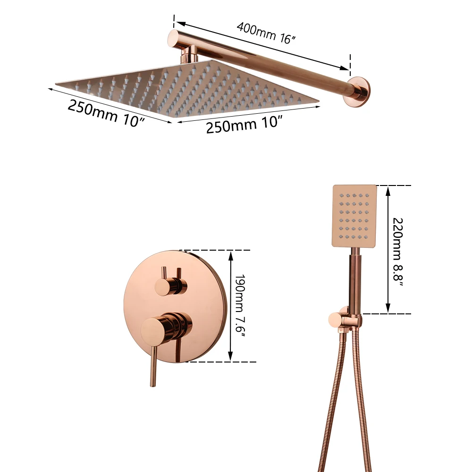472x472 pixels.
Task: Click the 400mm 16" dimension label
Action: (x=266, y=33)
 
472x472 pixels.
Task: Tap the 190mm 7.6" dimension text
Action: (x=240, y=306)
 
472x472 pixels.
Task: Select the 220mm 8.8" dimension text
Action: (x=398, y=252)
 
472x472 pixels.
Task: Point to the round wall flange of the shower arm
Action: (x=359, y=92)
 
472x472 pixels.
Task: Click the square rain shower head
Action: (x=186, y=88)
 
